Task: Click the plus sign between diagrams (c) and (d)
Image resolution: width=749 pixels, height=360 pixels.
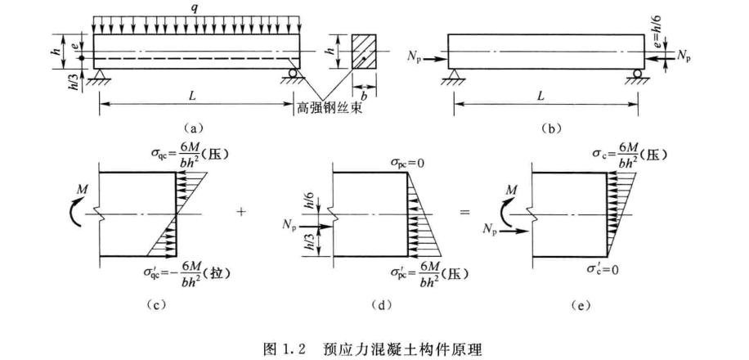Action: [241, 212]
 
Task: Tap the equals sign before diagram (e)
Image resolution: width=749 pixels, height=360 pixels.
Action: [466, 212]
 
